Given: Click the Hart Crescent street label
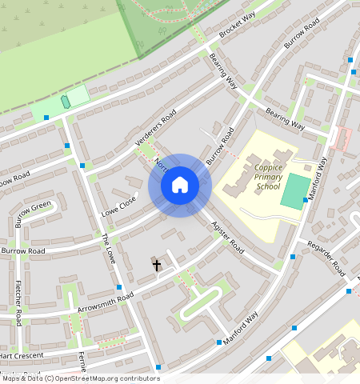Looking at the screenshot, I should [x=21, y=354].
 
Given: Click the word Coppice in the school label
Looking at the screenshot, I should [x=270, y=166].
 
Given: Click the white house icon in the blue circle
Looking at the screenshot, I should [x=180, y=185].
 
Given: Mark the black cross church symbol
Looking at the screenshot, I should [x=156, y=264].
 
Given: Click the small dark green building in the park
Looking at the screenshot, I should [x=65, y=102].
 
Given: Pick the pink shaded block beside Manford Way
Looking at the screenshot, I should [x=342, y=139].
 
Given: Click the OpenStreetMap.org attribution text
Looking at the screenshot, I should [x=105, y=378].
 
